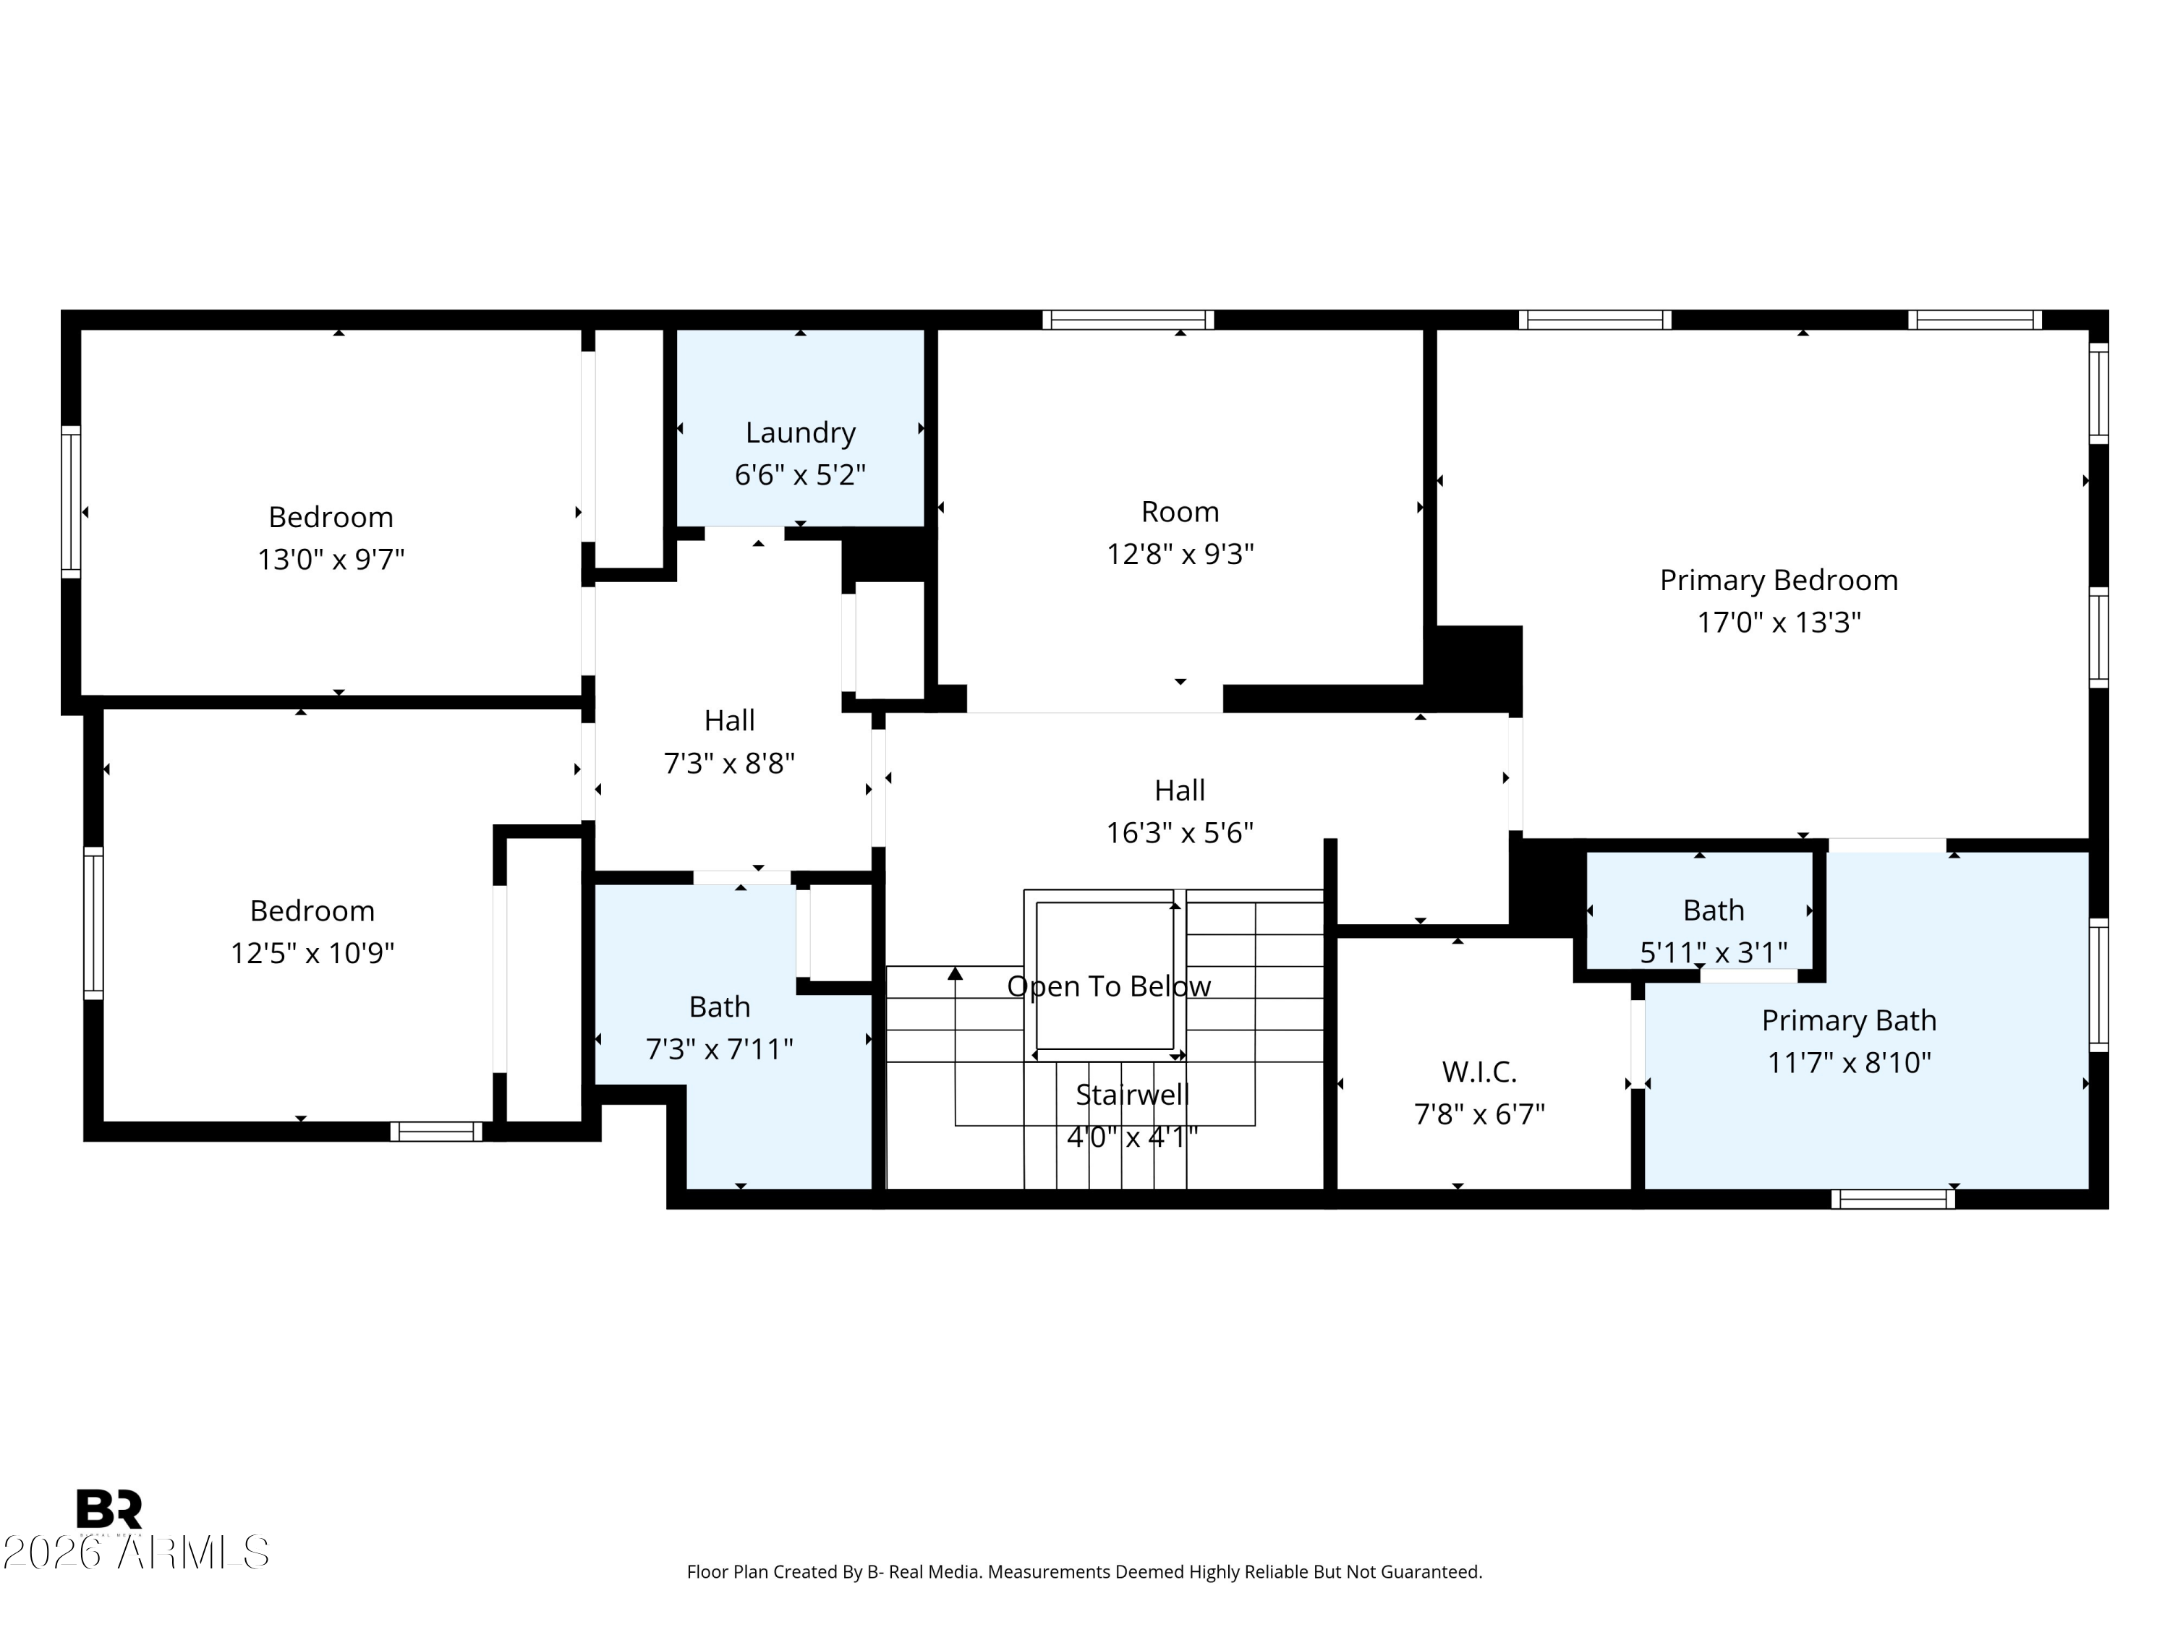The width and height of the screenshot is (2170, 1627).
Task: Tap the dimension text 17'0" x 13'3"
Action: pyautogui.click(x=1779, y=622)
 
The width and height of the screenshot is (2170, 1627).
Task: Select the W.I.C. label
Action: pyautogui.click(x=1479, y=1072)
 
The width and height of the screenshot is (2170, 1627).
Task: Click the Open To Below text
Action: pyautogui.click(x=1109, y=986)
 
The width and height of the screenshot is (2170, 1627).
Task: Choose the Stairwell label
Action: pyautogui.click(x=1132, y=1095)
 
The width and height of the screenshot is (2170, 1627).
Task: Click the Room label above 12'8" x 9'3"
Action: pyautogui.click(x=1180, y=512)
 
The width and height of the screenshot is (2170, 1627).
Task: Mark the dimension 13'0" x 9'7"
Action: pyautogui.click(x=331, y=559)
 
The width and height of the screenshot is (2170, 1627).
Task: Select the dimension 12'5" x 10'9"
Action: pyautogui.click(x=312, y=953)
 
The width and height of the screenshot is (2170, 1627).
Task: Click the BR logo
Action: pyautogui.click(x=109, y=1509)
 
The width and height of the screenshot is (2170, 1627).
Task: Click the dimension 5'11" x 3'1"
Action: pyautogui.click(x=1713, y=952)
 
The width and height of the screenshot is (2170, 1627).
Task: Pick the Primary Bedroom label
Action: pyautogui.click(x=1779, y=581)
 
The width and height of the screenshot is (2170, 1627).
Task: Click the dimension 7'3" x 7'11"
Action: pyautogui.click(x=719, y=1049)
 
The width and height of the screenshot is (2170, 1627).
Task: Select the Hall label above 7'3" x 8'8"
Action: pyautogui.click(x=729, y=721)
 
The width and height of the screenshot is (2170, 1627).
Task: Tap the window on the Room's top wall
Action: pyautogui.click(x=1127, y=320)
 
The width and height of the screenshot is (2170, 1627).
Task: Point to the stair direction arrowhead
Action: pyautogui.click(x=955, y=973)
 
